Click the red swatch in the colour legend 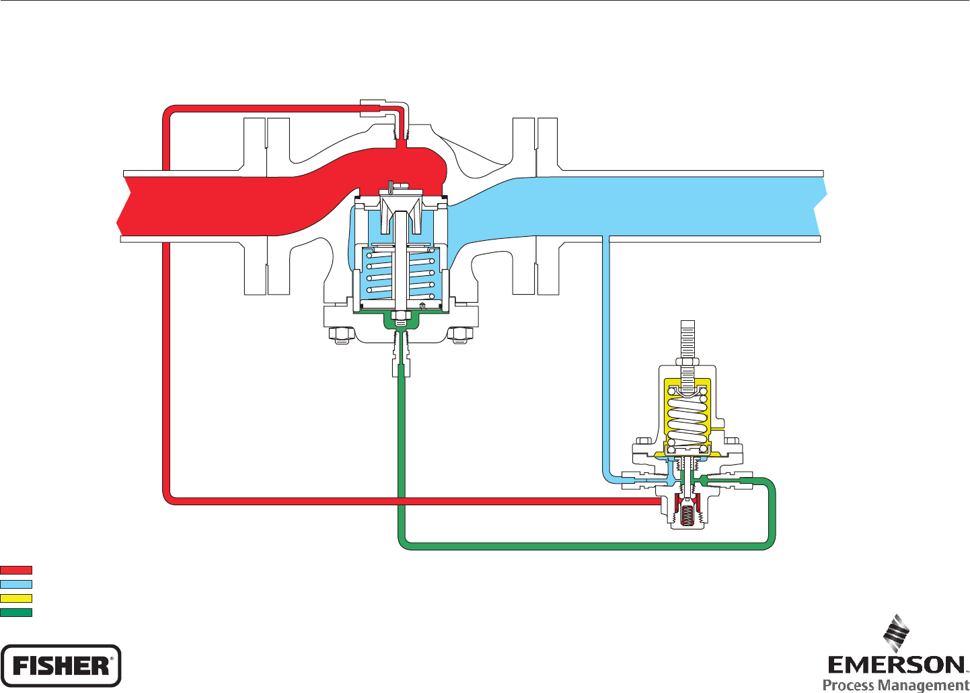click(16, 571)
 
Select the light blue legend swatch click(16, 585)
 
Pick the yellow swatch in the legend click(16, 598)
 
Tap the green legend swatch click(16, 612)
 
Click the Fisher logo click(61, 666)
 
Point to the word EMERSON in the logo click(896, 665)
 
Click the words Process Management click(896, 685)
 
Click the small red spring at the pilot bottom click(687, 516)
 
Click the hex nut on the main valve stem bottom click(402, 316)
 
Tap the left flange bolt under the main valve click(340, 334)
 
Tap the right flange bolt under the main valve click(461, 334)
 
